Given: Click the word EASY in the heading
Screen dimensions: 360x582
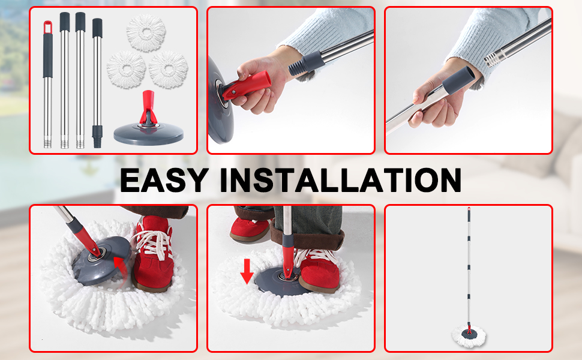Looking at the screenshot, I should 164,179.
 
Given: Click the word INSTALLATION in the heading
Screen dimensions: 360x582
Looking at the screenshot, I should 341,179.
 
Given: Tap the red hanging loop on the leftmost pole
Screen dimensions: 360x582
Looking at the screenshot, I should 47,26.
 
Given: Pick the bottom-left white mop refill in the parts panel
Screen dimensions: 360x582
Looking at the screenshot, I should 127,68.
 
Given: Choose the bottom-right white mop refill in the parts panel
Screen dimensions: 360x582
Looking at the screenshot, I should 168,70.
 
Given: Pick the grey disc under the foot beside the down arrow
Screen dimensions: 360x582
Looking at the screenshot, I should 277,280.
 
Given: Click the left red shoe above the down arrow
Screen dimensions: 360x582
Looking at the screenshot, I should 250,228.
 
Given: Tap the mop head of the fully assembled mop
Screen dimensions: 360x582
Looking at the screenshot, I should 469,332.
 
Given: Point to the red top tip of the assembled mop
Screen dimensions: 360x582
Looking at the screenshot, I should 469,211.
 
